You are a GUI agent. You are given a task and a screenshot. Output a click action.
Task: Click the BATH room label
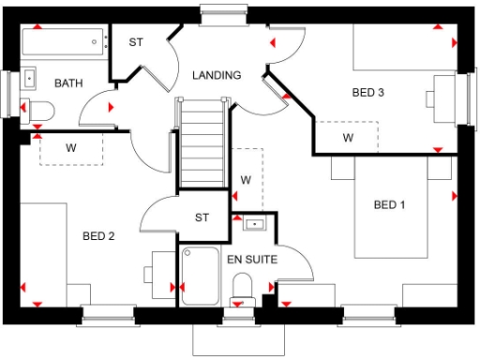coord(67,83)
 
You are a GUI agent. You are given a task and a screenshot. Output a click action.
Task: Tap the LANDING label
coord(217,75)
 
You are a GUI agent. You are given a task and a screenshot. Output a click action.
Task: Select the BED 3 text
coord(368,93)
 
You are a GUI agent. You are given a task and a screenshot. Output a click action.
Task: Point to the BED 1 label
coord(390,204)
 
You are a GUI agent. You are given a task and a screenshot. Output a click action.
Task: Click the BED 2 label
coord(97,235)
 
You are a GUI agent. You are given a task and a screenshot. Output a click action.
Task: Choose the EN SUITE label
coord(252,259)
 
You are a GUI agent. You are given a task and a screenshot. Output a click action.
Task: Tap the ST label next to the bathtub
coord(136,42)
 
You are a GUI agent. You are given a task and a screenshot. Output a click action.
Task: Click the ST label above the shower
coord(202,217)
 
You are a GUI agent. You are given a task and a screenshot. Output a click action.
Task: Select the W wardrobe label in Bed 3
coord(348,139)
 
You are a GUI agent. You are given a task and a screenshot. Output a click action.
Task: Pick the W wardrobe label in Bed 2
coord(70,147)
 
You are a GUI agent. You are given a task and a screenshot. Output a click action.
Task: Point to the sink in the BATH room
coord(29,79)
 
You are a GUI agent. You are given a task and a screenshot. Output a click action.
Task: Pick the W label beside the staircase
coord(247,179)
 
